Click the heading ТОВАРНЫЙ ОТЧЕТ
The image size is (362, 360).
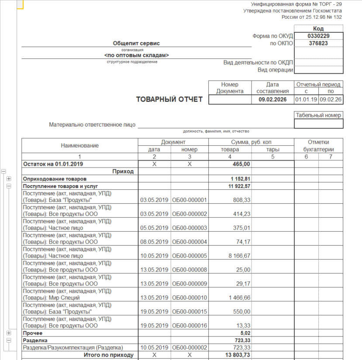point(169,99)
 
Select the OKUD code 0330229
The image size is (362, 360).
point(318,36)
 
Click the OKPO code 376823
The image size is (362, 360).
point(318,43)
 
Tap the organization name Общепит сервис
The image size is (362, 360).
point(136,43)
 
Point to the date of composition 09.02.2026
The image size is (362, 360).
point(273,99)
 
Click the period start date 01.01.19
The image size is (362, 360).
point(306,99)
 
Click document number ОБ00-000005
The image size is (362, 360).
point(189,256)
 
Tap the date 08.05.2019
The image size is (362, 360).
point(154,242)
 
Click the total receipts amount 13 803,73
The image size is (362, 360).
point(238,355)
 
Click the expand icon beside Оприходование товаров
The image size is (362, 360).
point(9,179)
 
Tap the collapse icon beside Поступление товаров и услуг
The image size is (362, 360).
point(9,186)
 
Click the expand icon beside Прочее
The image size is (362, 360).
point(9,333)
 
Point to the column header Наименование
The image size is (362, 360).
point(80,145)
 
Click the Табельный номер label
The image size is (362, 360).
point(318,115)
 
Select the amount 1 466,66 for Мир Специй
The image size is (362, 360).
point(238,298)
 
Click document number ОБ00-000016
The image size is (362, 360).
point(189,326)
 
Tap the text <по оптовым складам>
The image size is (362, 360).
point(136,55)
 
